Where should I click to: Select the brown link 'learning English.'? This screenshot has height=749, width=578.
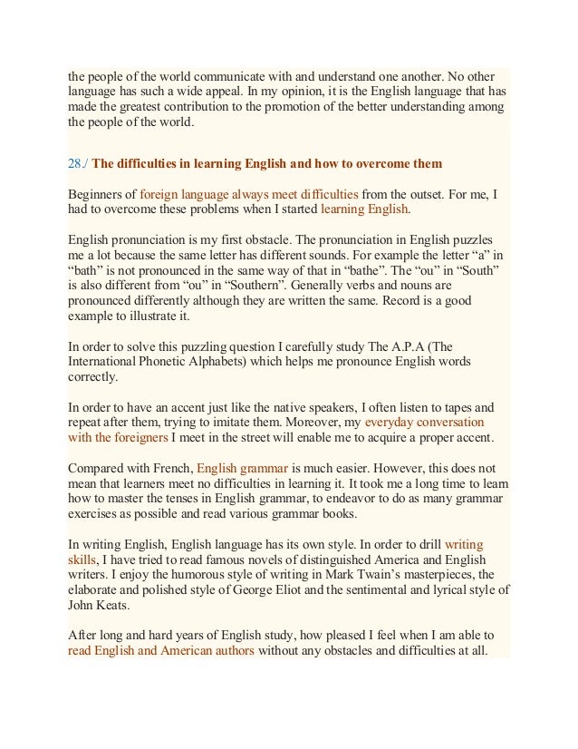365,209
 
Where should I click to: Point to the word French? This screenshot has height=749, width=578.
170,469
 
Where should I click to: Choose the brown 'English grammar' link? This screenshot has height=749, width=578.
243,469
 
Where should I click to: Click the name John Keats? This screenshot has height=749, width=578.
100,605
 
